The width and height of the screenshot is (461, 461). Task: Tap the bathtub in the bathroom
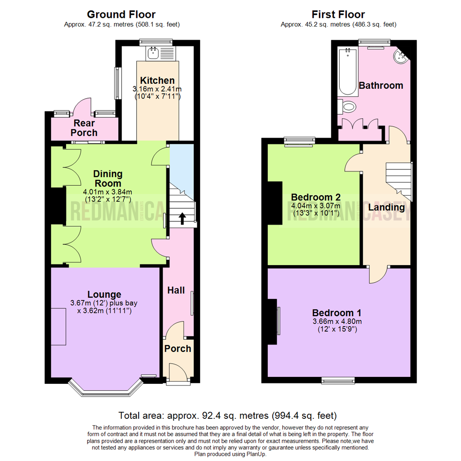[347, 72]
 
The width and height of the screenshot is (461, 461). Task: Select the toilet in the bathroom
[347, 107]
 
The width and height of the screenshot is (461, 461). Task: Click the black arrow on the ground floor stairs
[182, 219]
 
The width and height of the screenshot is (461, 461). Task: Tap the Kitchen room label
[157, 80]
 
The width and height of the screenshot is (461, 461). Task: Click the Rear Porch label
[84, 128]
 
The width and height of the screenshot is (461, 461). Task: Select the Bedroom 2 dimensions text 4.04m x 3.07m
[315, 205]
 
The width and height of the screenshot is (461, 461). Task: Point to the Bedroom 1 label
[337, 312]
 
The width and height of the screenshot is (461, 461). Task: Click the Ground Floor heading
[121, 14]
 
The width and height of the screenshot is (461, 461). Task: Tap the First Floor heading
[338, 14]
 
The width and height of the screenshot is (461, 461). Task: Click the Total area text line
[228, 415]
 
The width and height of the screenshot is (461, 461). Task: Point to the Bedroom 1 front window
[338, 380]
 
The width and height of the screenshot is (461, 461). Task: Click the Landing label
[386, 207]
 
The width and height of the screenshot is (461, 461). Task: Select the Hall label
[176, 290]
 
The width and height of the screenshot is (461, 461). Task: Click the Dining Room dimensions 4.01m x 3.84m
[108, 192]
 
